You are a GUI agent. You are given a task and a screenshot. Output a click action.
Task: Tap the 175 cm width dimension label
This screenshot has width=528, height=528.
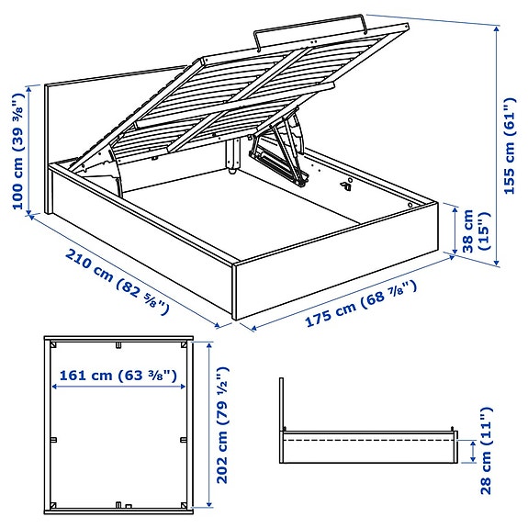(361, 305)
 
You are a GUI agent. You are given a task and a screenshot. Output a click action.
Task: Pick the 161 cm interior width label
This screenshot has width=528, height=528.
(118, 375)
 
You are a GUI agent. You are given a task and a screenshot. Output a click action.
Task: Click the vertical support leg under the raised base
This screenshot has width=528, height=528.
(232, 156)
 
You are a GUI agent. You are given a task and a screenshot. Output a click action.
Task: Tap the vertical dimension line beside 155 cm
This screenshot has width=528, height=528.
(497, 147)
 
